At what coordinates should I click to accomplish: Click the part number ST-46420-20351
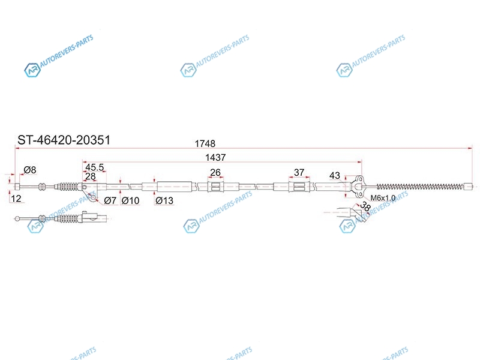coord(64,140)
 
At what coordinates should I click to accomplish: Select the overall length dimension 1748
coord(205,143)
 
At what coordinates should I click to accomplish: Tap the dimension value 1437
coord(215,157)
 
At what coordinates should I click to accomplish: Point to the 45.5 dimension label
coord(95,167)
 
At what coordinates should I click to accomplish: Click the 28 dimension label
coord(91,176)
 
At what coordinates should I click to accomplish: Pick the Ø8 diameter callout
coord(30,170)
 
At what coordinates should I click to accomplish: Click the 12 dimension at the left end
coord(16,199)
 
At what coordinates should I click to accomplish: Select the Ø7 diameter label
coord(110,200)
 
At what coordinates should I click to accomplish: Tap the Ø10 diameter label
coord(130,200)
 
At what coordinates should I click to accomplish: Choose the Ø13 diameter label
coord(164,200)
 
